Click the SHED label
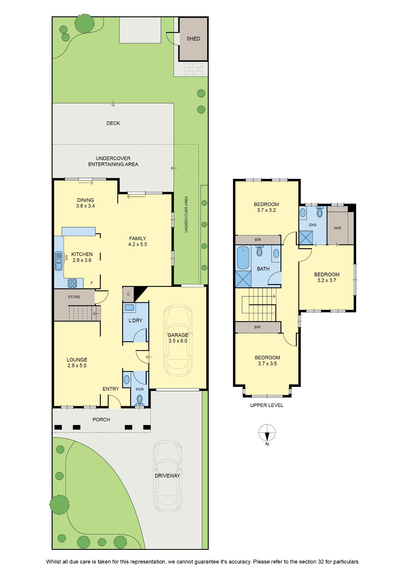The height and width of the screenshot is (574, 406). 193,39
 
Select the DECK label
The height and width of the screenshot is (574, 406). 113,123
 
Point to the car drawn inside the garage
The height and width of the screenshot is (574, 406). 178,340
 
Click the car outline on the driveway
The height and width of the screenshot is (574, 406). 168,476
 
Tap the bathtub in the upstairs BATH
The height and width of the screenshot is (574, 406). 243,258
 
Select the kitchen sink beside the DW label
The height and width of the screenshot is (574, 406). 59,261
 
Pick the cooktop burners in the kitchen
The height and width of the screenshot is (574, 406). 72,283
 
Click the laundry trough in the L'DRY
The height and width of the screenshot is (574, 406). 129,308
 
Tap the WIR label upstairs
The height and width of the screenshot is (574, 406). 337,228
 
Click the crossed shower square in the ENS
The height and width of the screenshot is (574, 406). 306,238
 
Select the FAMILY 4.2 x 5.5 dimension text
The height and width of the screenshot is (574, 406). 138,245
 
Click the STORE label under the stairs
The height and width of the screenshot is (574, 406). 74,297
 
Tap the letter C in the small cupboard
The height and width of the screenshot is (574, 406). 128,294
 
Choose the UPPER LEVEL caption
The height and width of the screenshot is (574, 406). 267,405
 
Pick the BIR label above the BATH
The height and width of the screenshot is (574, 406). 258,240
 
